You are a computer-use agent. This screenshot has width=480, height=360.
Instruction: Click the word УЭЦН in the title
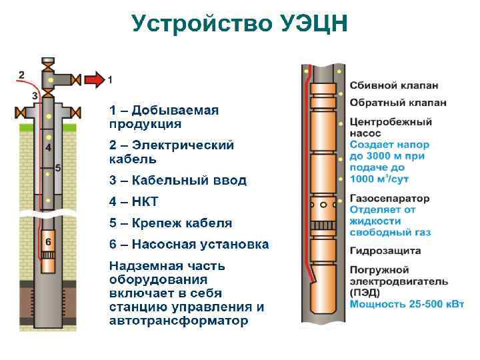[x=308, y=24]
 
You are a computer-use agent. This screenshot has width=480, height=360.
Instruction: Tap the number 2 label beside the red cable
[x=21, y=74]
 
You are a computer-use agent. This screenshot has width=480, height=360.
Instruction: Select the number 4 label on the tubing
[x=48, y=146]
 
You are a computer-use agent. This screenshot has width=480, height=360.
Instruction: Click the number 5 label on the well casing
[x=58, y=168]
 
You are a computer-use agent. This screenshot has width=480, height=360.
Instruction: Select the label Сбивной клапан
[x=393, y=86]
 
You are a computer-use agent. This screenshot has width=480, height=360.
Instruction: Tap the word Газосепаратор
[x=390, y=199]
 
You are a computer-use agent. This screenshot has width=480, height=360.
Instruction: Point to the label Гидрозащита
[x=385, y=251]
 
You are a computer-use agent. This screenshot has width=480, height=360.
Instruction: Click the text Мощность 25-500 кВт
[x=407, y=303]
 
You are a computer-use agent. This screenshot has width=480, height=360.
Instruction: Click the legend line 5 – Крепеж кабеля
[x=171, y=223]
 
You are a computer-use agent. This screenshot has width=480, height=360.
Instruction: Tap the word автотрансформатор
[x=179, y=321]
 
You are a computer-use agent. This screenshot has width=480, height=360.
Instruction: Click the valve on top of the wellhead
[x=49, y=63]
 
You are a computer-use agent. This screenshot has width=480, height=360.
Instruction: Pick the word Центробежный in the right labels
[x=391, y=123]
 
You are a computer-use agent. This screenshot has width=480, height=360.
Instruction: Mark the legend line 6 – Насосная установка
[x=189, y=244]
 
